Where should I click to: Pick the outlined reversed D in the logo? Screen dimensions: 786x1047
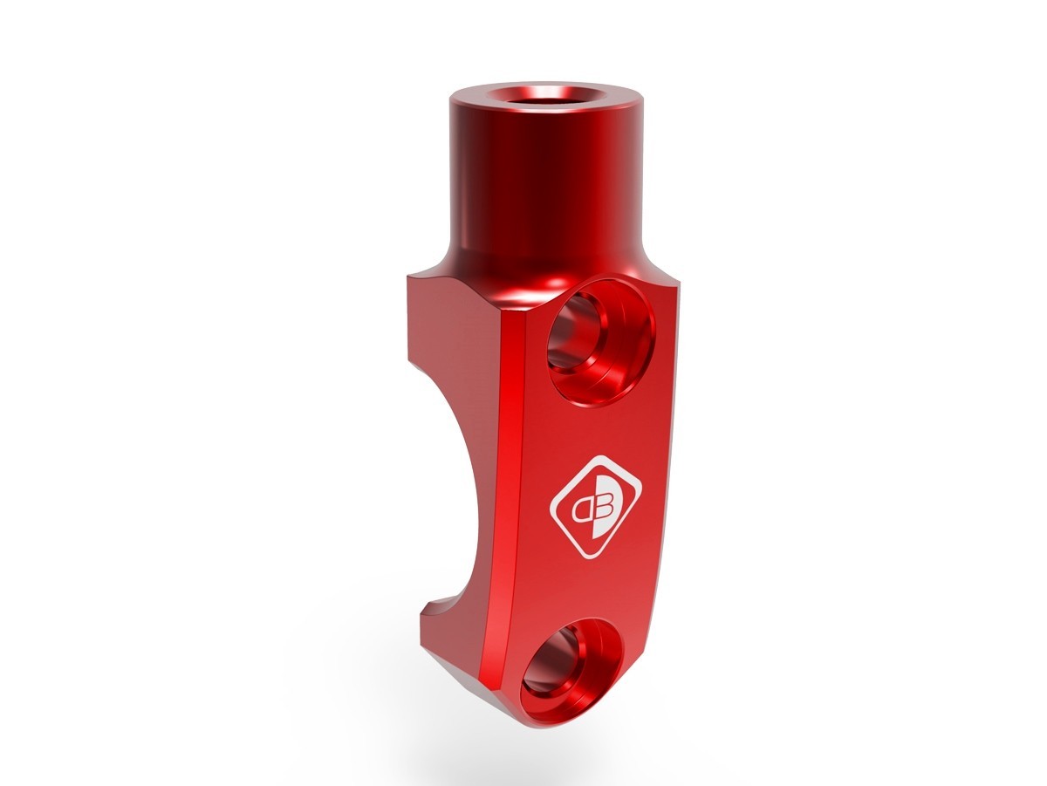pos(581,506)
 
